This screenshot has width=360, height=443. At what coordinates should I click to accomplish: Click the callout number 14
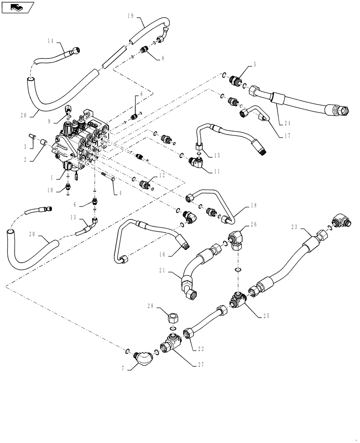(50, 41)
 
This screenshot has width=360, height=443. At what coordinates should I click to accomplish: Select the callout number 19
(130, 16)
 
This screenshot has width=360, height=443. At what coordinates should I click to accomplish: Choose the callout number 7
(123, 368)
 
